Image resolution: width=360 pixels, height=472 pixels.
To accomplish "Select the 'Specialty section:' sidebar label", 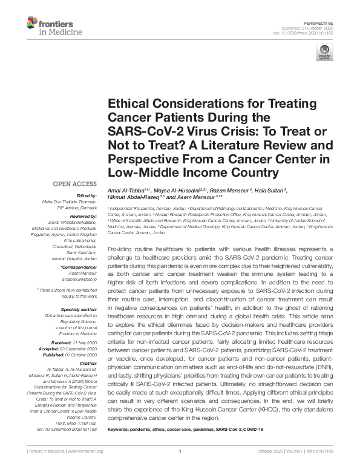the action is (x=80, y=309).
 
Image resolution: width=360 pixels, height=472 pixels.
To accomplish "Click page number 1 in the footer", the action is (x=180, y=467).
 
